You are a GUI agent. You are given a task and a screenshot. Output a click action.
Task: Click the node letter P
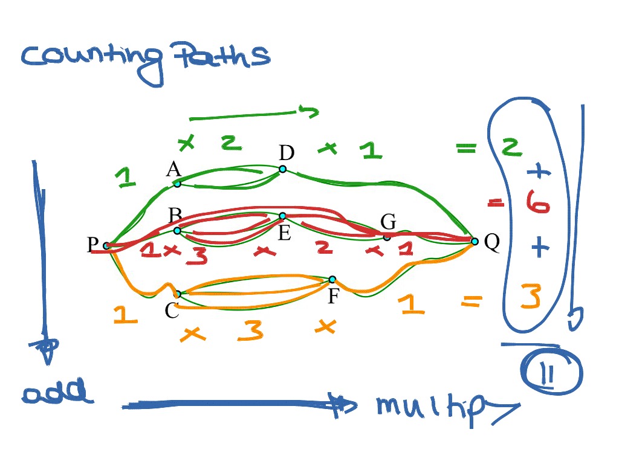[x=92, y=244]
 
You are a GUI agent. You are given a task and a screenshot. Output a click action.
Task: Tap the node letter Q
[x=492, y=243]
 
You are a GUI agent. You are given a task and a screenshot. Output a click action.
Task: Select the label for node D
[x=286, y=153]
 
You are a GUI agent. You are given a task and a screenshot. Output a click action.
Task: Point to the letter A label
[x=174, y=170]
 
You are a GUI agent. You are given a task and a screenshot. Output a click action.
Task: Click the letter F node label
[x=332, y=297]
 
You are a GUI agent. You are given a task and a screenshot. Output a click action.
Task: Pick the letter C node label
[x=172, y=311]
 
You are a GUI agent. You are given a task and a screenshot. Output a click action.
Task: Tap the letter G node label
[x=388, y=222]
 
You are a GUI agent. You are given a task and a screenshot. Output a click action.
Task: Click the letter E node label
[x=284, y=233]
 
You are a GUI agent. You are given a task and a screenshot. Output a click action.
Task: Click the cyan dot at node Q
[x=475, y=242]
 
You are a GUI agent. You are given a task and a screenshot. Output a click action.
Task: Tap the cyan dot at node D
[x=282, y=169]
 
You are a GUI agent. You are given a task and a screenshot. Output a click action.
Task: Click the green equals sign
[x=466, y=147]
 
